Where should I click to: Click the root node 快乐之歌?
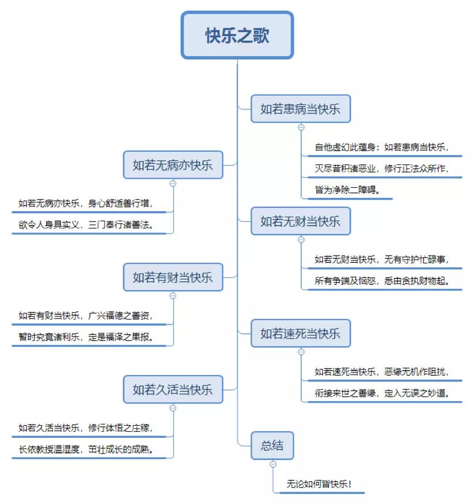[x=237, y=36]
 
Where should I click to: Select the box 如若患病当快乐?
[x=300, y=109]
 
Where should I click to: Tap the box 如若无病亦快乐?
[x=173, y=165]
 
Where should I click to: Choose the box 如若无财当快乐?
[x=300, y=221]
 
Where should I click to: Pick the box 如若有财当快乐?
[x=173, y=277]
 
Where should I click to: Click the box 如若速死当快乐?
[x=300, y=333]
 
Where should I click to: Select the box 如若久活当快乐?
[x=173, y=390]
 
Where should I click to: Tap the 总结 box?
[x=272, y=446]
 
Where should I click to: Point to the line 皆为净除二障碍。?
[x=348, y=190]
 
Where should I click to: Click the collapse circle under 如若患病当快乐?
[x=301, y=127]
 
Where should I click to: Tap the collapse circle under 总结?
[x=273, y=464]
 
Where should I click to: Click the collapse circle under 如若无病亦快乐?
[x=173, y=183]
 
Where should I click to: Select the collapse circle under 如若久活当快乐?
[x=173, y=408]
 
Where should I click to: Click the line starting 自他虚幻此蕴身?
[x=382, y=147]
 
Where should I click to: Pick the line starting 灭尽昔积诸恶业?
[x=382, y=168]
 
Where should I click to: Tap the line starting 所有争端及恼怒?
[x=382, y=281]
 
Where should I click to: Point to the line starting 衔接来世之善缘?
[x=382, y=393]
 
